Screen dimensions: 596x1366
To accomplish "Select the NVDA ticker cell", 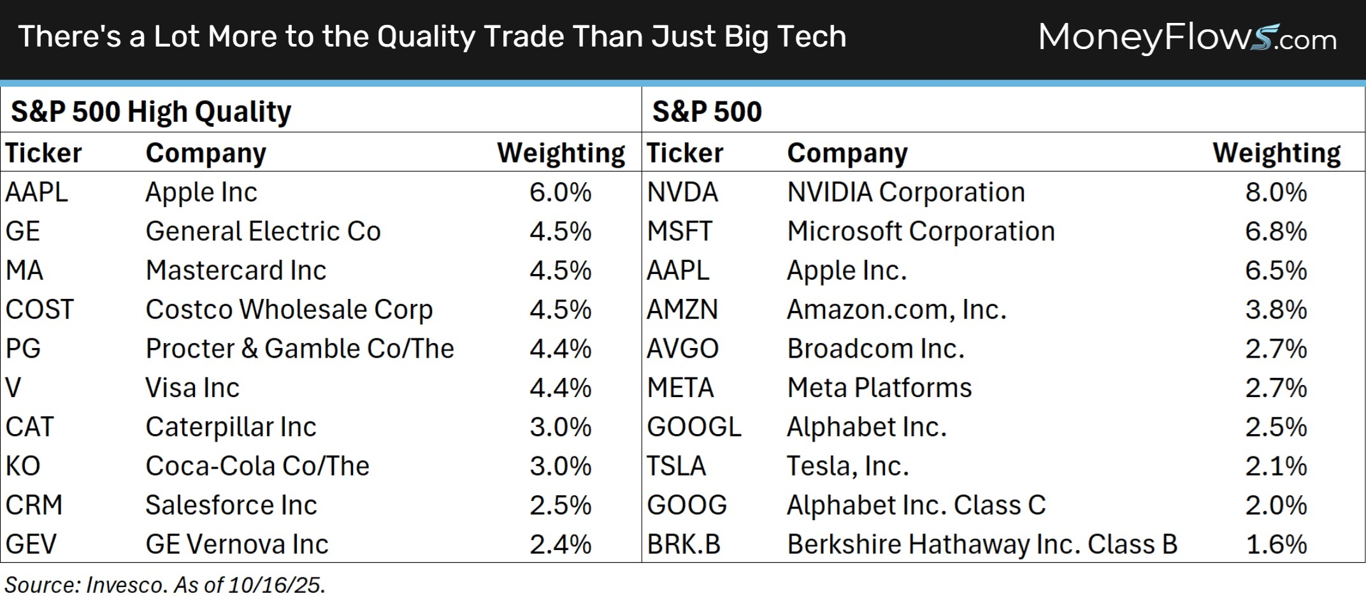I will coord(682,193).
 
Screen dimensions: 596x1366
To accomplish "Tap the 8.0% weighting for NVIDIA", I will coord(1276,193).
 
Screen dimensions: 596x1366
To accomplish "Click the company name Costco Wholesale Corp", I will coord(289,310).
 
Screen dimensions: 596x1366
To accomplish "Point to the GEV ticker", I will coord(31,544).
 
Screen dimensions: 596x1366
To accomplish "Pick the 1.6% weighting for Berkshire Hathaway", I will coord(1276,544).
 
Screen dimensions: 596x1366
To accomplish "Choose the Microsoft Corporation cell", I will coord(921,231).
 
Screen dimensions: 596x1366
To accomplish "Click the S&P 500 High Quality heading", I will coord(151,112).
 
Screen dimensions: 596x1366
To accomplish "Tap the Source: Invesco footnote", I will coord(165,585).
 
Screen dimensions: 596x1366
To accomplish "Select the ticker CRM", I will coord(34,505).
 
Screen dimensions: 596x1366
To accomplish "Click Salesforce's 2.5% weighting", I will coord(560,505).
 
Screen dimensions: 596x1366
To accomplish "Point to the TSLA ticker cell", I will coord(677,467).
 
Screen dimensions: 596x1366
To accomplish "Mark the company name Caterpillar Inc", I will coord(231,427).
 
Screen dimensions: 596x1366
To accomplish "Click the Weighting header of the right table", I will coord(1276,153).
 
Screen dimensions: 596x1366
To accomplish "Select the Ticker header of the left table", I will coord(43,153).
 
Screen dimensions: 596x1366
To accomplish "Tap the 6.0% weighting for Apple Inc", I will coord(560,193).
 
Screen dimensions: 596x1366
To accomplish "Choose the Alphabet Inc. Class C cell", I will coord(916,505).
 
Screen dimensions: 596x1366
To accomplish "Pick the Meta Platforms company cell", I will coord(879,388).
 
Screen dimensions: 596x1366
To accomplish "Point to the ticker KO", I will coord(23,467).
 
